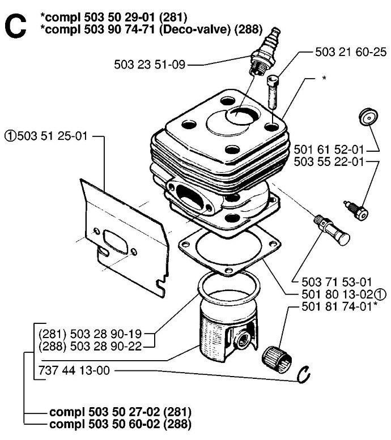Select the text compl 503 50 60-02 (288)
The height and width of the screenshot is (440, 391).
coord(121,423)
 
